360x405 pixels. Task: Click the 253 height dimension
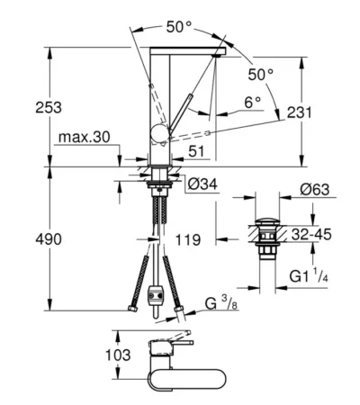49,107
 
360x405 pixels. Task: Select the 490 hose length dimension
49,239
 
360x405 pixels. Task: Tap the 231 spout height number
300,112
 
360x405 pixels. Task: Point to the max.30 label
85,137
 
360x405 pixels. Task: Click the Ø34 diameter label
202,184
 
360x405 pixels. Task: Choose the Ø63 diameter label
314,189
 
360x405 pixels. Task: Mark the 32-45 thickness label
311,234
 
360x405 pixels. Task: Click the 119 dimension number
188,240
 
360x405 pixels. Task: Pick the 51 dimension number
196,151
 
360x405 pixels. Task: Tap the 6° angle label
252,103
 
